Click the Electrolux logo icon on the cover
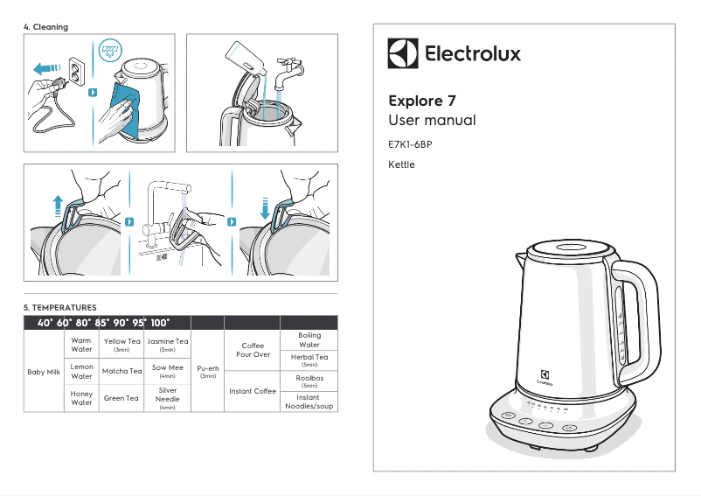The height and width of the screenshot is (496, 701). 403,53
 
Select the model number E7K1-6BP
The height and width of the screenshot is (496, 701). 410,143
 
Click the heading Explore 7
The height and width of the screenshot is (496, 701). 421,101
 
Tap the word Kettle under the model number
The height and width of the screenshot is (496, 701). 401,164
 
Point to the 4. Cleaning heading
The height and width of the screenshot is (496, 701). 45,27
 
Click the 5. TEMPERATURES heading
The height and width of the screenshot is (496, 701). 59,308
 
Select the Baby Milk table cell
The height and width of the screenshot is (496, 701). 43,371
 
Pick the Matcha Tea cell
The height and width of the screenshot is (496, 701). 121,371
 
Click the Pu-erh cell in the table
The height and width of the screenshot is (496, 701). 208,371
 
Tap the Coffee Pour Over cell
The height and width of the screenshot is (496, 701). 252,350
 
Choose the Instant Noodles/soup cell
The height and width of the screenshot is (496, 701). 309,402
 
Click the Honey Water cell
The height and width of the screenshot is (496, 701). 81,398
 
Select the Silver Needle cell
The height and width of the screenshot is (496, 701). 168,397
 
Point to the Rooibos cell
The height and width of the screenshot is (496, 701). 309,381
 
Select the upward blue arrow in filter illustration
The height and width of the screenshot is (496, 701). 59,206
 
